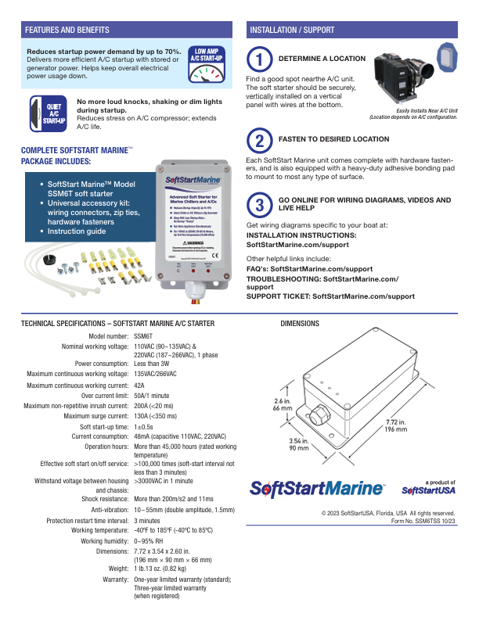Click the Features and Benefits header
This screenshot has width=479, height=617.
67,30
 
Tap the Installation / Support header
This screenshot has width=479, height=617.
292,30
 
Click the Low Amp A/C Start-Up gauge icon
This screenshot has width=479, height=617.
207,66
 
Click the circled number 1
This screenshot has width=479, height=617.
259,59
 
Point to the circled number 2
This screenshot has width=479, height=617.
259,140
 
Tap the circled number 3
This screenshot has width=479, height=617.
259,205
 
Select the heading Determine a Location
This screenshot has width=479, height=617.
322,59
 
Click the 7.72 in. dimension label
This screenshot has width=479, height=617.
395,425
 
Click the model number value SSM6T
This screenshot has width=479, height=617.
144,335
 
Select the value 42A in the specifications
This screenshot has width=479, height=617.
140,386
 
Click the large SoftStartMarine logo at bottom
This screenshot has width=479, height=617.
316,489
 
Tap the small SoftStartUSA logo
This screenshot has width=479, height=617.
428,490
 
